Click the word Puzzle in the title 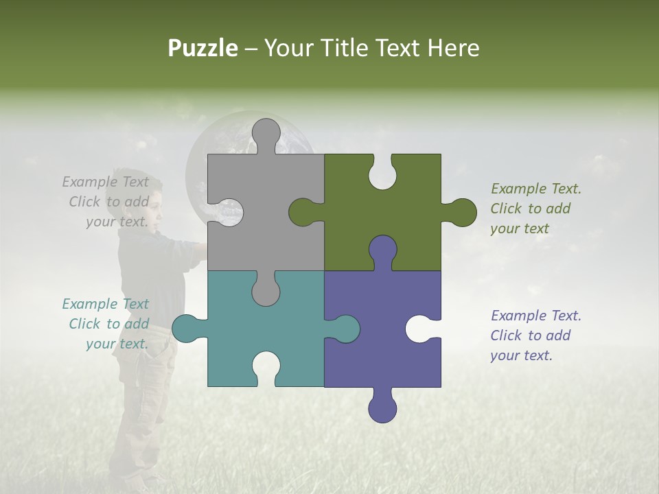(x=203, y=48)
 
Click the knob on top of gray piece (x=266, y=133)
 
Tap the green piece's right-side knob (x=462, y=212)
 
